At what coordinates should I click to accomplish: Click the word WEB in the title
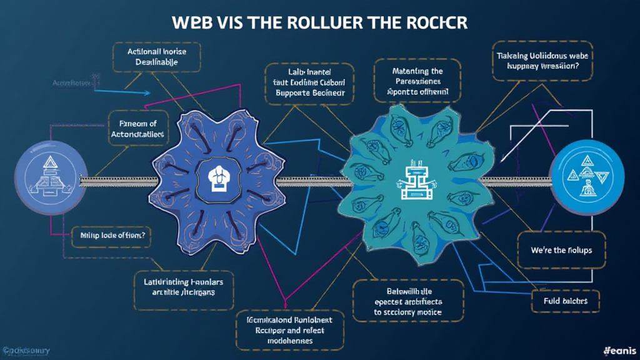tap(192, 21)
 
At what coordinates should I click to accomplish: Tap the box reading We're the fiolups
tap(561, 250)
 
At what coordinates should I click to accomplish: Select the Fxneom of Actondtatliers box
tap(137, 128)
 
